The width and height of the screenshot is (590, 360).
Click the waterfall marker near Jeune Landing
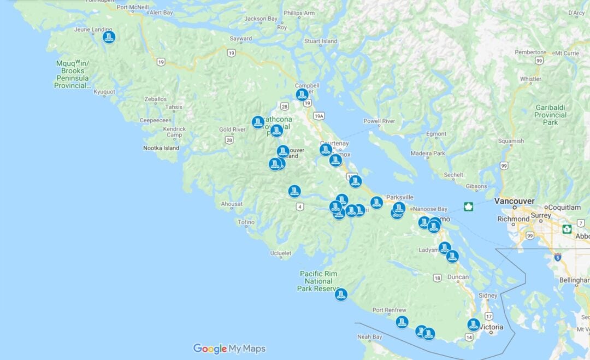(109, 37)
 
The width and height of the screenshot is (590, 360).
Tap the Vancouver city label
(514, 201)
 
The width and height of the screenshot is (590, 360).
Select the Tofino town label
(246, 222)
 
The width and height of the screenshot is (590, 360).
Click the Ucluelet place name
(280, 253)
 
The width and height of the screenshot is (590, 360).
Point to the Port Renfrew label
(389, 310)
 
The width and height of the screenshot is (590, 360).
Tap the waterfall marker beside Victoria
(474, 324)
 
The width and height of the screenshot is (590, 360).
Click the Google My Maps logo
(229, 349)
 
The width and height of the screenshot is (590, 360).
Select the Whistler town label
(530, 79)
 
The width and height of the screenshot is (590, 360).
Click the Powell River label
(379, 121)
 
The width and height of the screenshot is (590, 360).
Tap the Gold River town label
(232, 129)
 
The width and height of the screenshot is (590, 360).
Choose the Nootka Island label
(161, 148)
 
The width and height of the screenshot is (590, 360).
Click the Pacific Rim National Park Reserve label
(318, 281)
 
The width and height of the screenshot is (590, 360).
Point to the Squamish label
(510, 141)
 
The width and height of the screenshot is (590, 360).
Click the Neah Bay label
(370, 337)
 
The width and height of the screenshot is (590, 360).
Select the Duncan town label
(457, 277)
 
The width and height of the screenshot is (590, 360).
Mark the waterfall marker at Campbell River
(302, 95)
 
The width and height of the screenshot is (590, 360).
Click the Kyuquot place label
(104, 92)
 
